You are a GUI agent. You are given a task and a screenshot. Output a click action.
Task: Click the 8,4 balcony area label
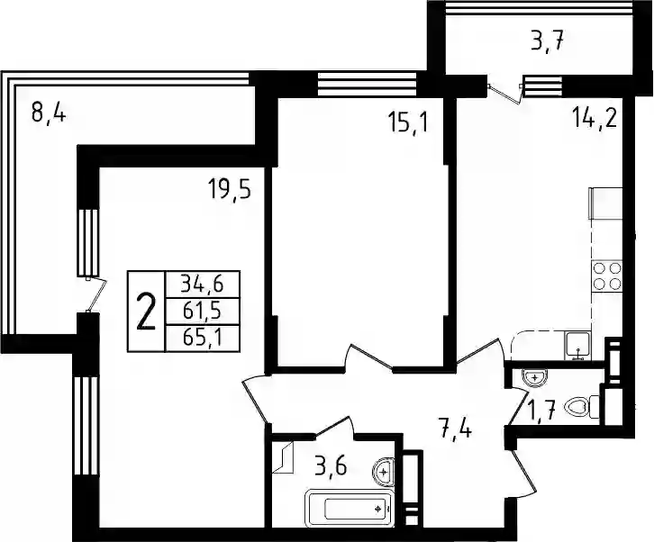point(49,113)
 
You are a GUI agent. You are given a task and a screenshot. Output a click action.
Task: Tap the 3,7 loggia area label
point(547,41)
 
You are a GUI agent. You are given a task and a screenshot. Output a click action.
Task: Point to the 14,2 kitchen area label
point(595,118)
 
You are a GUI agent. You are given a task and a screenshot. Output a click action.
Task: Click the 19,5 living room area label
point(230,190)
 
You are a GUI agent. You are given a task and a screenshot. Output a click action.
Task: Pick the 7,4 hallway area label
point(456,429)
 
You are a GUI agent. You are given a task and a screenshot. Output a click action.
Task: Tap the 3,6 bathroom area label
point(331,467)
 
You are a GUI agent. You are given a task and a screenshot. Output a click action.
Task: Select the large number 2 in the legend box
point(146,312)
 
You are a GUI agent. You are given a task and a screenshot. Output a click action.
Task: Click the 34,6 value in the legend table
point(203,285)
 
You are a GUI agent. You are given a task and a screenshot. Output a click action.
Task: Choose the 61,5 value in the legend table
point(203,311)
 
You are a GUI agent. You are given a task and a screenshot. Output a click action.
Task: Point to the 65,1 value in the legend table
point(203,338)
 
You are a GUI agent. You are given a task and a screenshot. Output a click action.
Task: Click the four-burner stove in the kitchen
point(607,276)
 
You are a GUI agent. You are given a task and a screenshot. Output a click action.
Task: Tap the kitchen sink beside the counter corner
point(577,346)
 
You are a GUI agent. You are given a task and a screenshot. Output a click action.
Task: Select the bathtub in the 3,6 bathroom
point(350,509)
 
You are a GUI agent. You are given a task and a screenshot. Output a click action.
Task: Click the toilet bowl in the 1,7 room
point(582,407)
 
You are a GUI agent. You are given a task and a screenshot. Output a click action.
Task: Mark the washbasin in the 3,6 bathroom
point(384,472)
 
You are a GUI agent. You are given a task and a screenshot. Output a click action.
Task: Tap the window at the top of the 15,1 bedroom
point(367,84)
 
